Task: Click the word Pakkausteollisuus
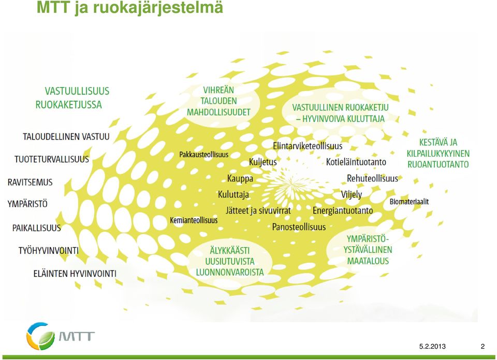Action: (204, 155)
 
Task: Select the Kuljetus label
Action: (263, 162)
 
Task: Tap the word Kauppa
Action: (240, 179)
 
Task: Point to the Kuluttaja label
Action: (233, 194)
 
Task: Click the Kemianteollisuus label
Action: (194, 220)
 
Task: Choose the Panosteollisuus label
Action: (299, 227)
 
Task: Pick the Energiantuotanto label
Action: (343, 211)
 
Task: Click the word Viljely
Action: (351, 194)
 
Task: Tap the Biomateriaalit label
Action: (409, 201)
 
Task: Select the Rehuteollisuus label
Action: (372, 178)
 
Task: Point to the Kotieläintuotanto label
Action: (356, 162)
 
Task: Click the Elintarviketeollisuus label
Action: (308, 146)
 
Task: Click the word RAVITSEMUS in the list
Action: (30, 183)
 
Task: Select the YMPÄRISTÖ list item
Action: (27, 204)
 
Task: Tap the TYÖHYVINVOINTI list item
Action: (49, 251)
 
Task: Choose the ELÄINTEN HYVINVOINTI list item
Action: (75, 274)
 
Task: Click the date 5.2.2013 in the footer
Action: (432, 347)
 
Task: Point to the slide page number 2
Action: (483, 347)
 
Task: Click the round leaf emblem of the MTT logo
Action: (40, 336)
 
